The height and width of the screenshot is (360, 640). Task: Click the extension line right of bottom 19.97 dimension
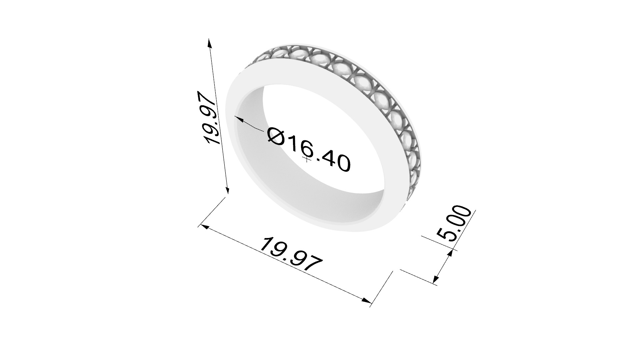382,288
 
